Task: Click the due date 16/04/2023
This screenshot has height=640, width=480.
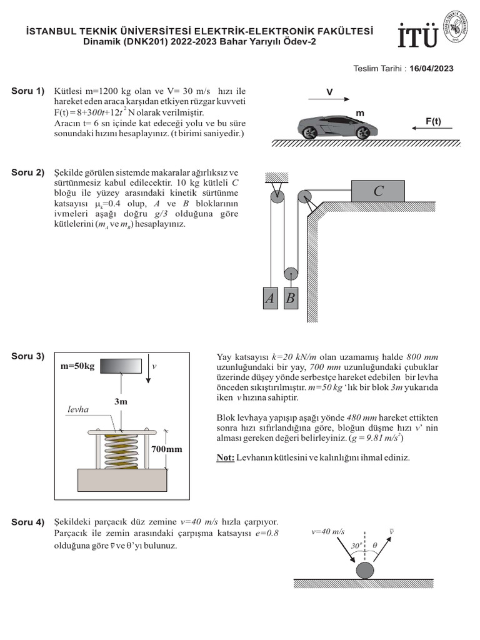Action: coord(432,69)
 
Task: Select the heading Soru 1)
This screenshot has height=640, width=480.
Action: coord(28,91)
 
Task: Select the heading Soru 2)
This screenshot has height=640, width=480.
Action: coord(28,172)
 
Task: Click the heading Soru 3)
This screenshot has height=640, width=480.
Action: coord(28,356)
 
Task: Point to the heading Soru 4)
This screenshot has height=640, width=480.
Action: coord(28,521)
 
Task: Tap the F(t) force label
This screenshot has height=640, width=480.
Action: coord(433,121)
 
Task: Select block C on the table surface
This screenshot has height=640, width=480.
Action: coord(378,191)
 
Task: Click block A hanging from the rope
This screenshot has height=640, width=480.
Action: coord(269,299)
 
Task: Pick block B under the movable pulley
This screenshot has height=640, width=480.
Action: coord(290,299)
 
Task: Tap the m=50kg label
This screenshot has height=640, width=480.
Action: coord(77,366)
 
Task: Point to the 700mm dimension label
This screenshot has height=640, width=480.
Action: coord(165,449)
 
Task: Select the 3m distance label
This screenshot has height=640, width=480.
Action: coord(121,401)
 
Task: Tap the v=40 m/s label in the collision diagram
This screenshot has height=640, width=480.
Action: coord(328,531)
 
